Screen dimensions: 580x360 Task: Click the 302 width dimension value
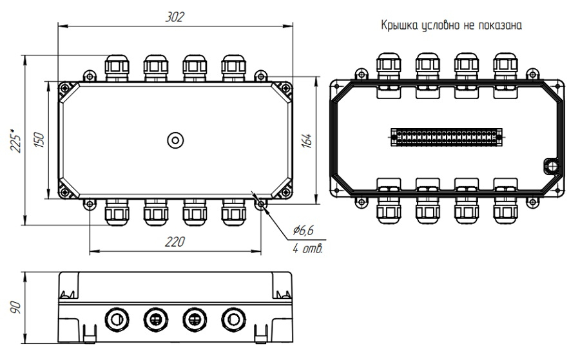pyautogui.click(x=175, y=17)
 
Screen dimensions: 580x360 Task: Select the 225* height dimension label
pyautogui.click(x=15, y=140)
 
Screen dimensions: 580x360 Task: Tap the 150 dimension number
pyautogui.click(x=39, y=140)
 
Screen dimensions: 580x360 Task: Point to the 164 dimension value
pyautogui.click(x=306, y=141)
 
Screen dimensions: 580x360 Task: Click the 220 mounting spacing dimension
pyautogui.click(x=175, y=242)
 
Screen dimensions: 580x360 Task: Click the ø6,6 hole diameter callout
pyautogui.click(x=304, y=231)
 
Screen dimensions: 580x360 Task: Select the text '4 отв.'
pyautogui.click(x=308, y=249)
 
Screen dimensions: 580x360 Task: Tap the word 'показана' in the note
pyautogui.click(x=500, y=26)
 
